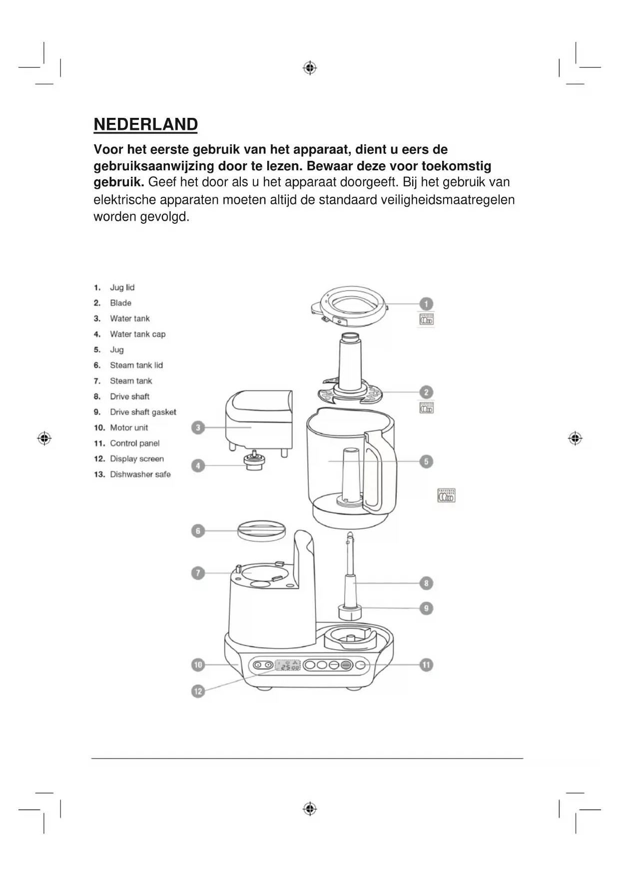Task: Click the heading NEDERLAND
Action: [x=145, y=124]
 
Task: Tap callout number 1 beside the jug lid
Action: [x=426, y=304]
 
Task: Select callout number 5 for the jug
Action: [x=426, y=461]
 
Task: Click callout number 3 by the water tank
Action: [x=198, y=428]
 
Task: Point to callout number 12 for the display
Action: [x=198, y=691]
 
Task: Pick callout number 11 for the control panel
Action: [x=426, y=665]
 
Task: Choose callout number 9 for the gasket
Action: [x=426, y=608]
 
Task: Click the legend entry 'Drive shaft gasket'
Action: [x=143, y=412]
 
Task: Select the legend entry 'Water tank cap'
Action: [x=137, y=334]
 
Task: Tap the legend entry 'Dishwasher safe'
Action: [x=140, y=474]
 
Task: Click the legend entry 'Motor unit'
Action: [x=129, y=428]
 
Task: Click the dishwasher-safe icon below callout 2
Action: [x=426, y=408]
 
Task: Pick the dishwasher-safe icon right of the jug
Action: [x=446, y=495]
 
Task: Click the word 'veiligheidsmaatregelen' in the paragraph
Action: [x=448, y=200]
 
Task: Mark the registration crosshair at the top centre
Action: [x=310, y=67]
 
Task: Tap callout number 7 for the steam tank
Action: [x=198, y=573]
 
